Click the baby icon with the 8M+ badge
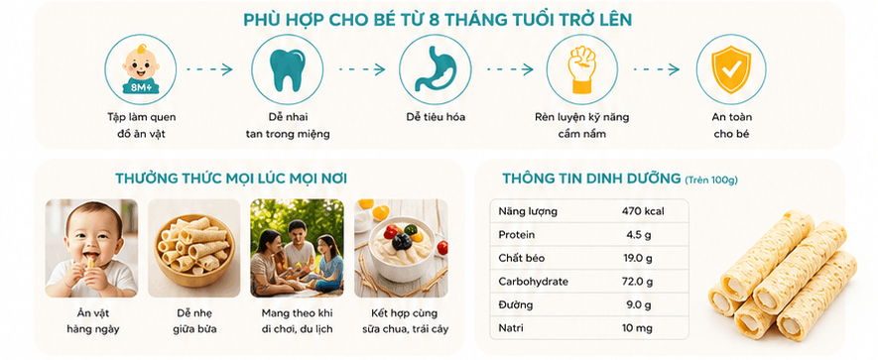(x=141, y=68)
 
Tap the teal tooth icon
(x=288, y=69)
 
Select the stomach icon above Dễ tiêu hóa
(x=435, y=68)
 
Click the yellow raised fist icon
(x=581, y=69)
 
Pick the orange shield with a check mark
(x=730, y=68)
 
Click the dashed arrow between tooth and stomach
(x=362, y=69)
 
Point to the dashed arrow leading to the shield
(x=656, y=69)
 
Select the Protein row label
(x=516, y=235)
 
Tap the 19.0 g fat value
(x=638, y=259)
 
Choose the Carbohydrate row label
(x=533, y=282)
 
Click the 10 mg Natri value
(x=637, y=328)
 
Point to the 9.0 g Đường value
(x=639, y=305)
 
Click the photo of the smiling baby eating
(x=91, y=248)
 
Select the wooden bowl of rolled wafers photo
(x=193, y=248)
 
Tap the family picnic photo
(x=297, y=248)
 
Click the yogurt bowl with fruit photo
(x=401, y=248)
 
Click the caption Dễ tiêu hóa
(x=436, y=118)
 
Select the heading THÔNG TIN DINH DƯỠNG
(x=591, y=179)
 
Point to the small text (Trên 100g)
(x=711, y=180)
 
